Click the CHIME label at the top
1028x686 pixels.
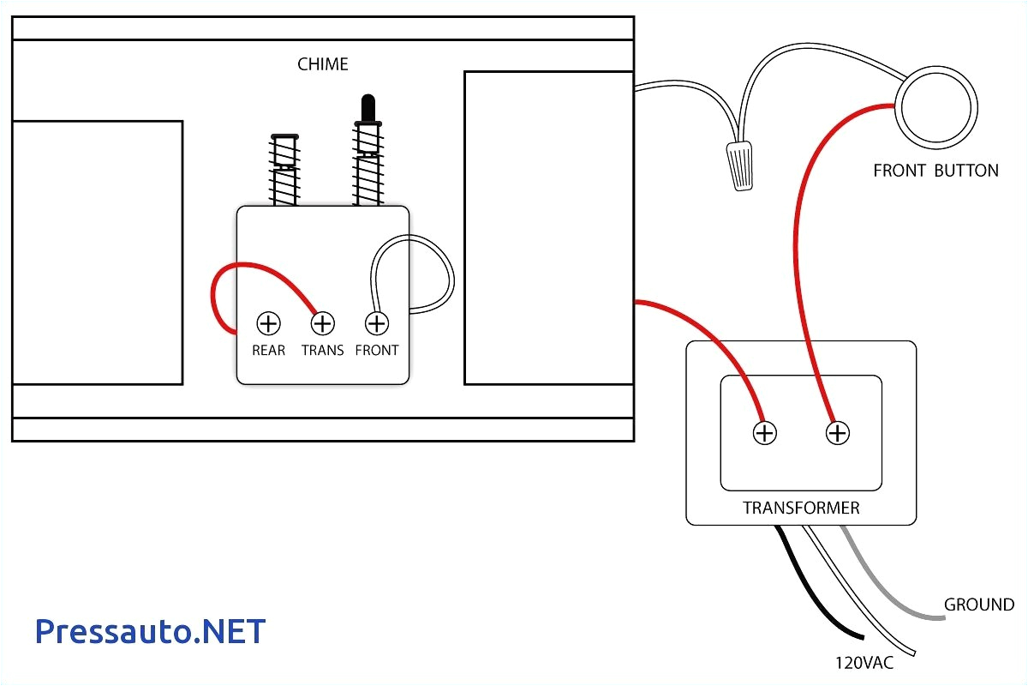pos(323,64)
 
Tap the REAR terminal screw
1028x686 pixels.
pos(269,323)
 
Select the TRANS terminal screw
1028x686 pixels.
pos(322,323)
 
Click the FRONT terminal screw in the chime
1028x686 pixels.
pos(376,323)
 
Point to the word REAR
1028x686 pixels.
pos(268,350)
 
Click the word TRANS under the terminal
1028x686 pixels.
pos(322,350)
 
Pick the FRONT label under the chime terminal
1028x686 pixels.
pos(376,350)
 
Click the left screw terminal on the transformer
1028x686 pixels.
pos(764,433)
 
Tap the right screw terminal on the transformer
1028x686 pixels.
pos(837,433)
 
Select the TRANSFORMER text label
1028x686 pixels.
pos(800,508)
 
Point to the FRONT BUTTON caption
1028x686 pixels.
pos(935,171)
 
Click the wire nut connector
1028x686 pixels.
pos(740,165)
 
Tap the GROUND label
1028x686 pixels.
pos(978,605)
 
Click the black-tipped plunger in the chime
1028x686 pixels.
pos(368,108)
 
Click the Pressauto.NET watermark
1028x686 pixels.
pos(151,632)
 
